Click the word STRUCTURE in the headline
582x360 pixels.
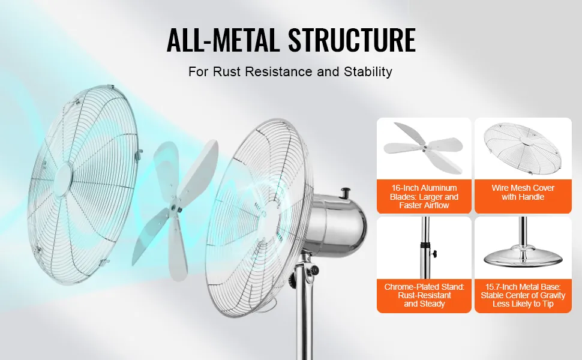tap(352, 40)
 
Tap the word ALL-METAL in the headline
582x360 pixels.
tap(223, 40)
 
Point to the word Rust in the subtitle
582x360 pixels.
tap(227, 71)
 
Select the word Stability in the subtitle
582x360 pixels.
tap(368, 71)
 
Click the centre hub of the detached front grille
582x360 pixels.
tap(64, 175)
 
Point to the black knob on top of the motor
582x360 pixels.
tap(346, 193)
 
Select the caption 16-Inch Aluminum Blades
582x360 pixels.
tap(424, 197)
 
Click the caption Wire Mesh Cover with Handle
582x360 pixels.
tap(523, 192)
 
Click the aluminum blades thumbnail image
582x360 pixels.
tap(424, 148)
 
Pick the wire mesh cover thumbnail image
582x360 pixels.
tap(523, 148)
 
